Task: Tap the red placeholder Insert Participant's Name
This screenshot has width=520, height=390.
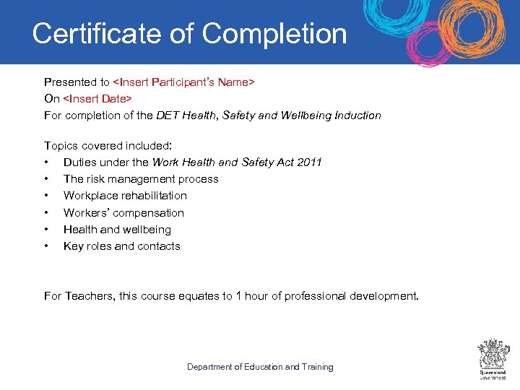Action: [x=183, y=82]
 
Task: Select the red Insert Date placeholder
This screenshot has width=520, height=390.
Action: [x=97, y=98]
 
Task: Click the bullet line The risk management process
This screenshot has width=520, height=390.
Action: [x=141, y=179]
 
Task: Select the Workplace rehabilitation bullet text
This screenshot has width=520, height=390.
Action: [x=125, y=196]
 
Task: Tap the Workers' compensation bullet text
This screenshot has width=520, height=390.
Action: [x=123, y=212]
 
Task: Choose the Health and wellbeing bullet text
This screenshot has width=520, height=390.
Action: [x=117, y=230]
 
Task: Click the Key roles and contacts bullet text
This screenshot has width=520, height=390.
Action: [x=121, y=246]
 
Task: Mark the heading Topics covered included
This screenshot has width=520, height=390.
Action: [x=108, y=145]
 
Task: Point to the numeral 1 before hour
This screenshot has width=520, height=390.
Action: [x=239, y=296]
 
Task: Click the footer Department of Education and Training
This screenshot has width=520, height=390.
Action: [x=260, y=367]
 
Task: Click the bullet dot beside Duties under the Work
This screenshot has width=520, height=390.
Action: [x=46, y=162]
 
